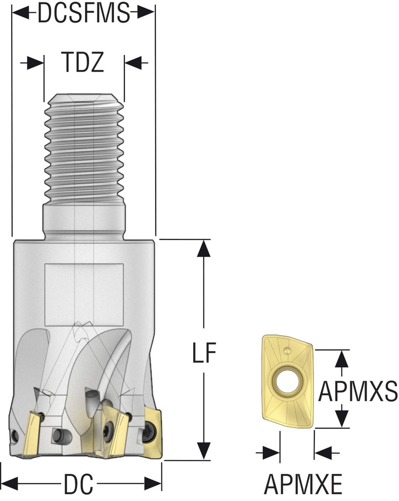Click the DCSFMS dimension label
83,14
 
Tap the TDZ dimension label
83,62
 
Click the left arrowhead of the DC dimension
10,484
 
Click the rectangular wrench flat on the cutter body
84,295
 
